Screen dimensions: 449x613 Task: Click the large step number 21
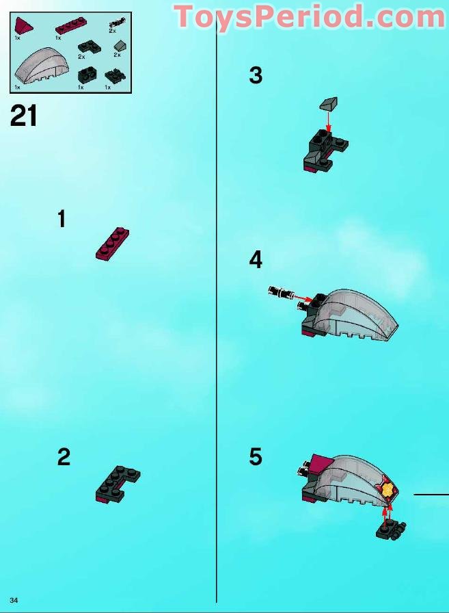[x=23, y=116]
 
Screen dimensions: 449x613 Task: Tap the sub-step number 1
[x=62, y=218]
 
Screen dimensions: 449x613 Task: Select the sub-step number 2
[x=64, y=456]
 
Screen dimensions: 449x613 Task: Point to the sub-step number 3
[x=256, y=75]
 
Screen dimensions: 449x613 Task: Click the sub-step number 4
[x=256, y=260]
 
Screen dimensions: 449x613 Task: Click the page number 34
[x=14, y=600]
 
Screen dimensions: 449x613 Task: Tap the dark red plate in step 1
[x=113, y=244]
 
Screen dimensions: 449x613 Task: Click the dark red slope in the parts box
[x=23, y=26]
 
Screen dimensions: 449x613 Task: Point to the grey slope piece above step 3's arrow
[x=329, y=103]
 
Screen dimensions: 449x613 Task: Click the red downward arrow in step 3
[x=328, y=122]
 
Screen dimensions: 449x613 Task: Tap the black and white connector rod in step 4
[x=280, y=291]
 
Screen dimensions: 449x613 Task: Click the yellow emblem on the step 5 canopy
[x=387, y=488]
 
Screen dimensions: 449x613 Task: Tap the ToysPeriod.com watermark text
[x=309, y=16]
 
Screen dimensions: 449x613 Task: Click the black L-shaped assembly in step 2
[x=117, y=483]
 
